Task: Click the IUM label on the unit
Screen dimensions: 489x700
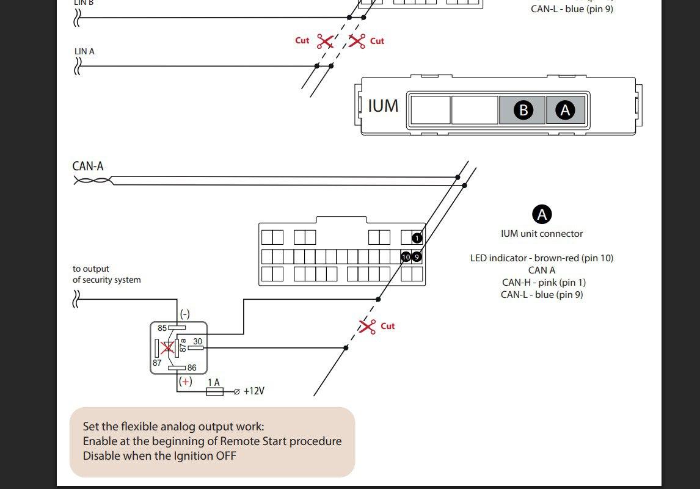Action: coord(383,106)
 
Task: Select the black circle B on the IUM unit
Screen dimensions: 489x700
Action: coord(523,110)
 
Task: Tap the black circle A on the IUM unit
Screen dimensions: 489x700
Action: coord(565,110)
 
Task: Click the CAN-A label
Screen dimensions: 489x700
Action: coord(88,166)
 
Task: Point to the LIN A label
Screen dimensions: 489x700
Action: coord(84,52)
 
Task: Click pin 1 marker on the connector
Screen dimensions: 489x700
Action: coord(417,238)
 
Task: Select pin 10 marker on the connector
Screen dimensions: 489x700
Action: coord(406,257)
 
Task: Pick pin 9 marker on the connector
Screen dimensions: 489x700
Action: coord(417,257)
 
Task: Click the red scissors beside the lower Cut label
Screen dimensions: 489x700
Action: coord(367,326)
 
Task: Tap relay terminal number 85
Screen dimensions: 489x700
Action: coord(162,328)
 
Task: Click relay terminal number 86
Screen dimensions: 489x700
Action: coord(192,368)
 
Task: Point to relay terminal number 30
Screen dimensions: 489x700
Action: coord(197,342)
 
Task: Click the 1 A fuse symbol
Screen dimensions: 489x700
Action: coord(214,391)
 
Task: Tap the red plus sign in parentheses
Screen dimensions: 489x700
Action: coord(185,382)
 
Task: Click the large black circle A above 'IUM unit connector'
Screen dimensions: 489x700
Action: coord(542,214)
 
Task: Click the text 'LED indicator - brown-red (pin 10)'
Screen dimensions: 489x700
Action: coord(541,258)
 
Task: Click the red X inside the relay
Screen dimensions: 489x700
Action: coord(167,348)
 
